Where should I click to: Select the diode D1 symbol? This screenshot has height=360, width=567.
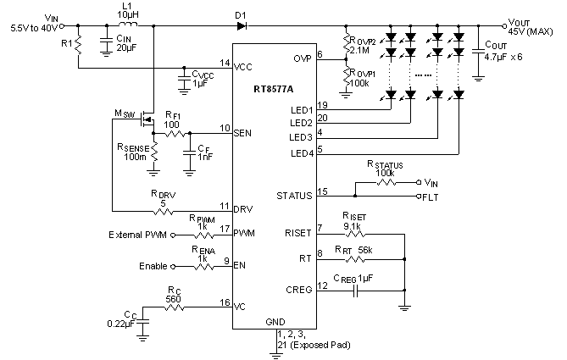coord(242,25)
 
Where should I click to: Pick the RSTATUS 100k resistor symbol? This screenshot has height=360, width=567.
coord(386,182)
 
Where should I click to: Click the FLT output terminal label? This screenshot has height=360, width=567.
coord(431,196)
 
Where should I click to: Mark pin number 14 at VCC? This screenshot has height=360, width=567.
coord(224,63)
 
